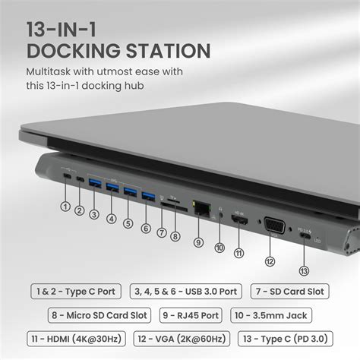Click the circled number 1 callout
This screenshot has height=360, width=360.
point(65,206)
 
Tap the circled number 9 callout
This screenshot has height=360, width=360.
point(198,242)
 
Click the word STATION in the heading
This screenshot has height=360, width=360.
point(161,52)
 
